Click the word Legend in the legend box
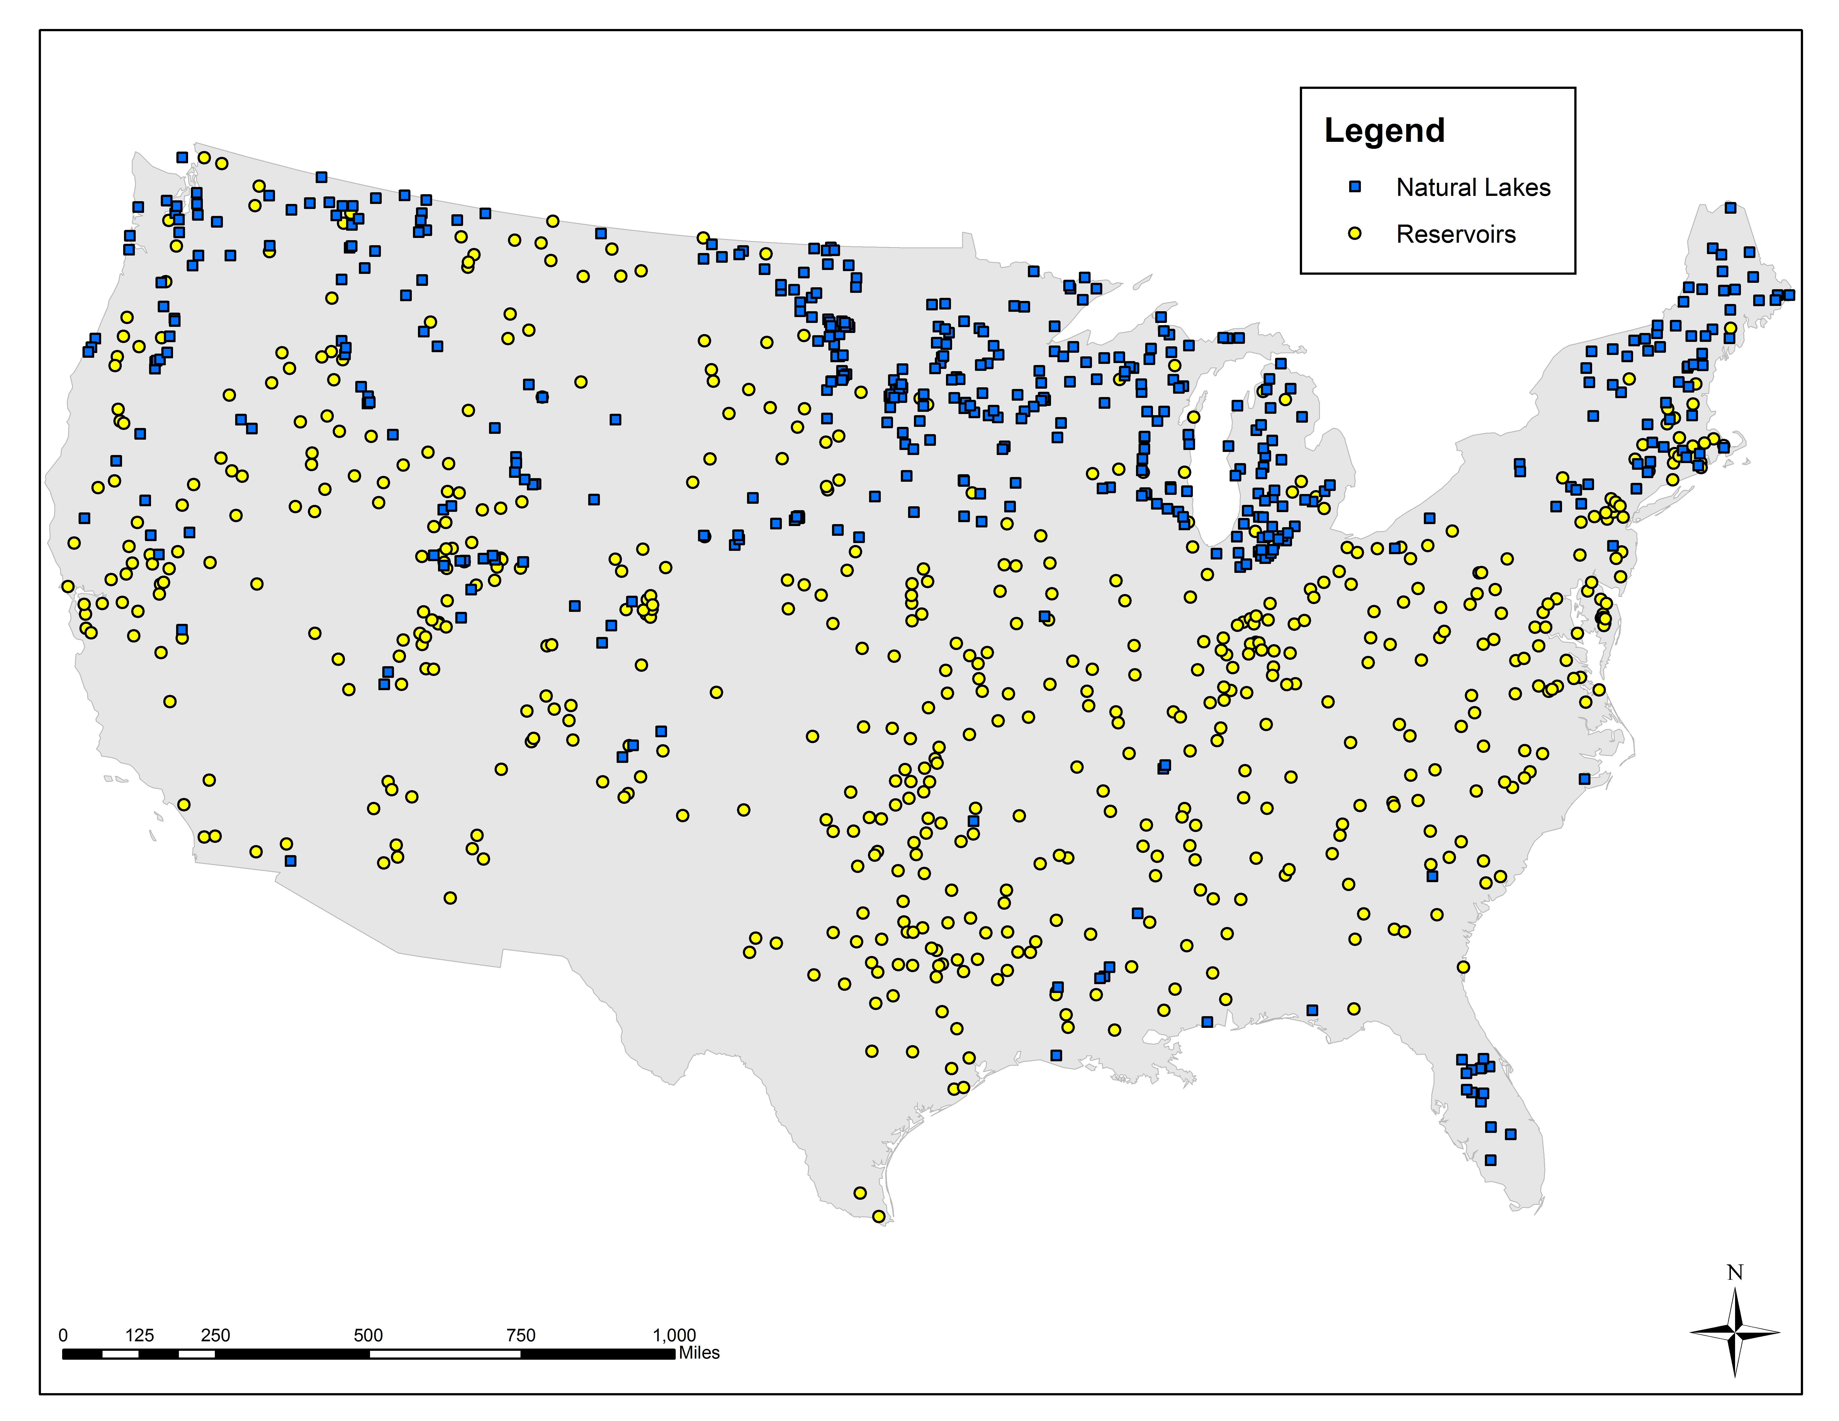point(1384,130)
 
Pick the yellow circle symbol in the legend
point(1355,233)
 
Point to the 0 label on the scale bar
point(63,1335)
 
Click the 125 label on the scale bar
point(140,1335)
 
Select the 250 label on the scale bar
point(216,1335)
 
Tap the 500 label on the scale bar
point(368,1335)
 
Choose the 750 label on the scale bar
point(520,1335)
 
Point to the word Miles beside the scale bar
point(699,1353)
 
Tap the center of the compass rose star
point(1735,1332)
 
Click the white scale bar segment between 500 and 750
point(445,1354)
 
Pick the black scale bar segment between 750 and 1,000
point(597,1354)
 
